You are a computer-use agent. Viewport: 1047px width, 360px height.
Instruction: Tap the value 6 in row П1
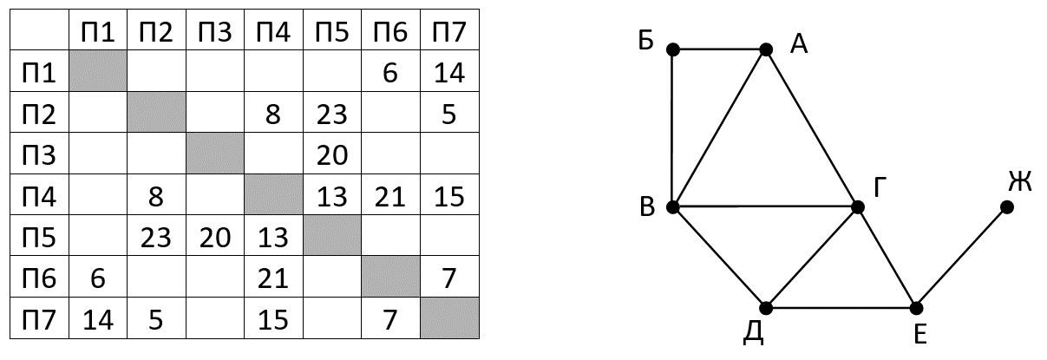[x=389, y=73]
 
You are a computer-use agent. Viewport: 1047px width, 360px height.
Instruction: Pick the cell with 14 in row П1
[x=448, y=73]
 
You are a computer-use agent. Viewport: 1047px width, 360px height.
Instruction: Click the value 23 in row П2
[x=331, y=114]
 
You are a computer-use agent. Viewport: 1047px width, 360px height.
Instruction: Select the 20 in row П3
[x=331, y=154]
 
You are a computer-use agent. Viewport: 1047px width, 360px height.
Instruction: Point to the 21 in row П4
[x=389, y=196]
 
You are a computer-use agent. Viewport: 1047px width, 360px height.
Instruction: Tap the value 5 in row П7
[x=156, y=318]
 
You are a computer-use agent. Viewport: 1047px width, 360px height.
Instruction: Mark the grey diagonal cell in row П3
[x=214, y=154]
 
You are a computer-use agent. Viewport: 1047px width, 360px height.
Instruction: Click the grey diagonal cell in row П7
[x=448, y=318]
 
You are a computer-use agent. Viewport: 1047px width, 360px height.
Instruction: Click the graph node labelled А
[x=766, y=49]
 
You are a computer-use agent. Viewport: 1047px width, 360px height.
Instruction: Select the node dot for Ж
[x=1006, y=206]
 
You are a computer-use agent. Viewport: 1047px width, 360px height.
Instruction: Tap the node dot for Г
[x=858, y=206]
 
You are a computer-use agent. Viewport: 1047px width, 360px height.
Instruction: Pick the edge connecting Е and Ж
[x=961, y=257]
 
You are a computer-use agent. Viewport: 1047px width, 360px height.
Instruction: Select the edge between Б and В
[x=672, y=128]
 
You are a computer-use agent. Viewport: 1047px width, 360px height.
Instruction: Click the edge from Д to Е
[x=841, y=308]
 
